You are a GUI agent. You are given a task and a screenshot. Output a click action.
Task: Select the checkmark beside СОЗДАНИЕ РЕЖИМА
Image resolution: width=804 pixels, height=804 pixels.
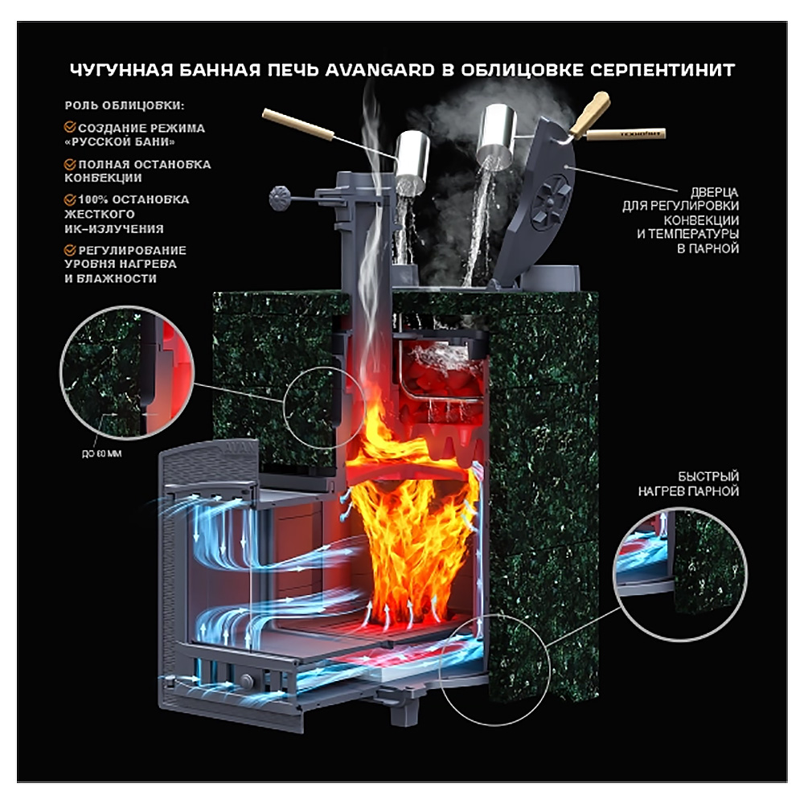point(70,128)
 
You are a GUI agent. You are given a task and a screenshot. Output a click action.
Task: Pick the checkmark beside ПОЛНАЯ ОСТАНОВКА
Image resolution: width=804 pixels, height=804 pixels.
point(70,164)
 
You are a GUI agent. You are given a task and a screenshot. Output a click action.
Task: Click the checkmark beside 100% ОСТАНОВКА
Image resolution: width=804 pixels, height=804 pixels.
point(70,199)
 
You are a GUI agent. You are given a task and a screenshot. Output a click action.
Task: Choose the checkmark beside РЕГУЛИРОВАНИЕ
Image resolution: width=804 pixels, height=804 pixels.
point(70,250)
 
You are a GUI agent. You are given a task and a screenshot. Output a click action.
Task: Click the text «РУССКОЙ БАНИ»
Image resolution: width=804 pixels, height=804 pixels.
point(121,142)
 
